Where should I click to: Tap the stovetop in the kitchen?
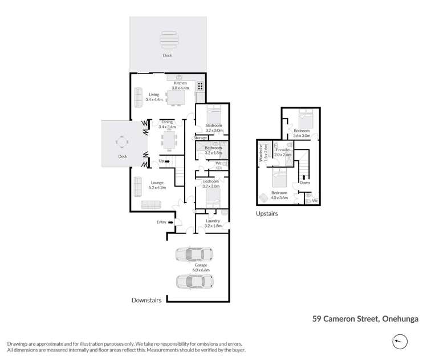point(201,87)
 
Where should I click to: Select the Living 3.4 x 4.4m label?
point(154,97)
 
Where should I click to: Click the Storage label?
point(200,138)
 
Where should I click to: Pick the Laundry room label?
point(213,223)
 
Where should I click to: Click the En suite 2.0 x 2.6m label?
point(283,151)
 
